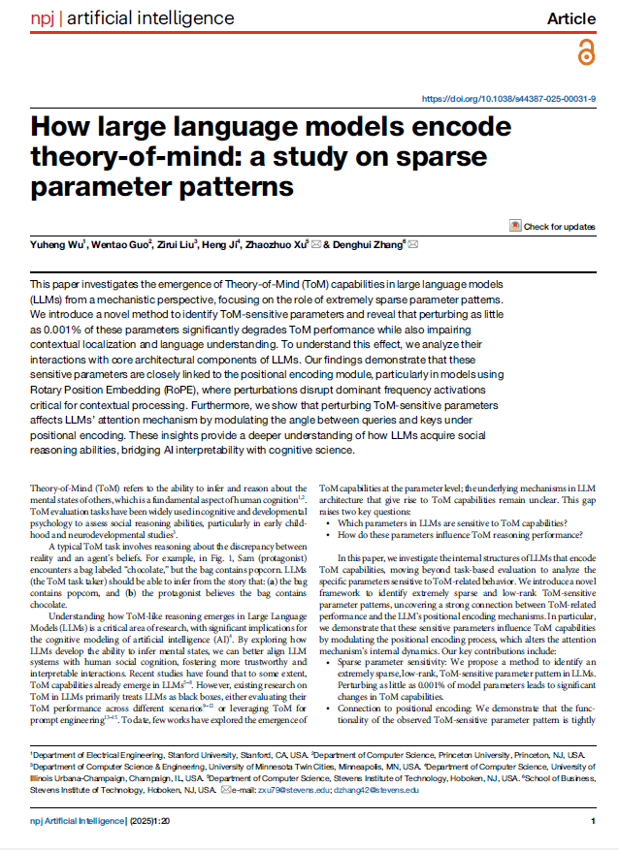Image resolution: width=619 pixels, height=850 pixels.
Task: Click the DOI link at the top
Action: pyautogui.click(x=509, y=99)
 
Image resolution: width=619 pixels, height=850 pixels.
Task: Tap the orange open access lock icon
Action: pyautogui.click(x=585, y=53)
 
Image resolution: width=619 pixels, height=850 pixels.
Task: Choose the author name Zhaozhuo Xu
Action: pyautogui.click(x=276, y=246)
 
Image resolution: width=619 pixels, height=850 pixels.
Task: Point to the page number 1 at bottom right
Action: pyautogui.click(x=592, y=822)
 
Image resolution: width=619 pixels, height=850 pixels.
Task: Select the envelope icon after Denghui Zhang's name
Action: pyautogui.click(x=414, y=246)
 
